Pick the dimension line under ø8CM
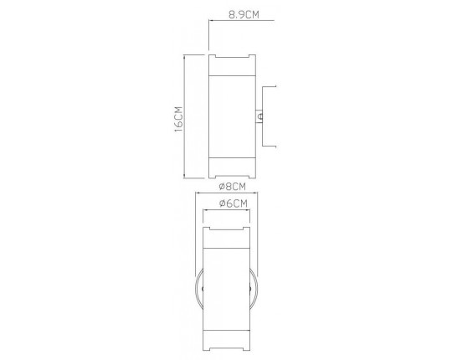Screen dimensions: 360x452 pyautogui.click(x=226, y=193)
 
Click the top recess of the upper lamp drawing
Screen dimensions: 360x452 pyautogui.click(x=229, y=57)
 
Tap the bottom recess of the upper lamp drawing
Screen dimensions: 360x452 pyautogui.click(x=229, y=176)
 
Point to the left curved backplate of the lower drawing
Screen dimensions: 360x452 pyautogui.click(x=200, y=289)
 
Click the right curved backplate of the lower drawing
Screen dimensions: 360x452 pyautogui.click(x=253, y=289)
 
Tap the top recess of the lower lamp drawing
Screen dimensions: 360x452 pyautogui.click(x=227, y=227)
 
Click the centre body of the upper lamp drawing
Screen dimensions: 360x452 pyautogui.click(x=229, y=116)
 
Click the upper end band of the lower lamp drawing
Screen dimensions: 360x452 pyautogui.click(x=227, y=238)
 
